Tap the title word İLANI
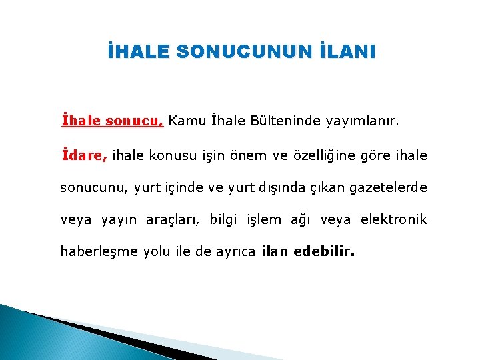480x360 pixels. click(x=345, y=51)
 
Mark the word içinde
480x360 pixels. click(x=185, y=188)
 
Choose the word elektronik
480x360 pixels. click(x=394, y=220)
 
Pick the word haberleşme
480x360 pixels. click(x=99, y=252)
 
